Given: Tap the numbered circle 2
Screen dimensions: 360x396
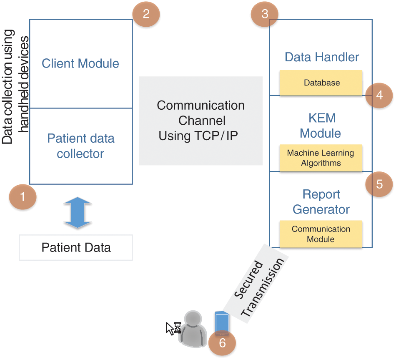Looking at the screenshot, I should coord(146,14).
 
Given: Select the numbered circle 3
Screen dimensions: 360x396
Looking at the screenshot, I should coord(265,14).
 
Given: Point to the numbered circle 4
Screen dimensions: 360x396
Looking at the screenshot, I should coord(379,95).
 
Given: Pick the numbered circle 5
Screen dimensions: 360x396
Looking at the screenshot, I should coord(379,184).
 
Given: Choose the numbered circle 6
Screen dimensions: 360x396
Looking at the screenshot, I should coord(222,343).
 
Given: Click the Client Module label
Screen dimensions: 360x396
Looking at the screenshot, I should coord(80,63).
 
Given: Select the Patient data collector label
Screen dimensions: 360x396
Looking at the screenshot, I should coord(80,146).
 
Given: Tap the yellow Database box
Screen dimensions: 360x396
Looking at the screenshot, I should coord(321,83).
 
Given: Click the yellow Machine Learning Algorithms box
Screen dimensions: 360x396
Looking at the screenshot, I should coord(321,158).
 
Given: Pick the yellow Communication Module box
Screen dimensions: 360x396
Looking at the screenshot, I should coord(321,234).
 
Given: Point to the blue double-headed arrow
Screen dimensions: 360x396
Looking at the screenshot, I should coord(78,214).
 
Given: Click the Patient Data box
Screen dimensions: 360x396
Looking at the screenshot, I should coord(76,247).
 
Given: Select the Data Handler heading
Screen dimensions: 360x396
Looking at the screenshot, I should coord(322,57).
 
